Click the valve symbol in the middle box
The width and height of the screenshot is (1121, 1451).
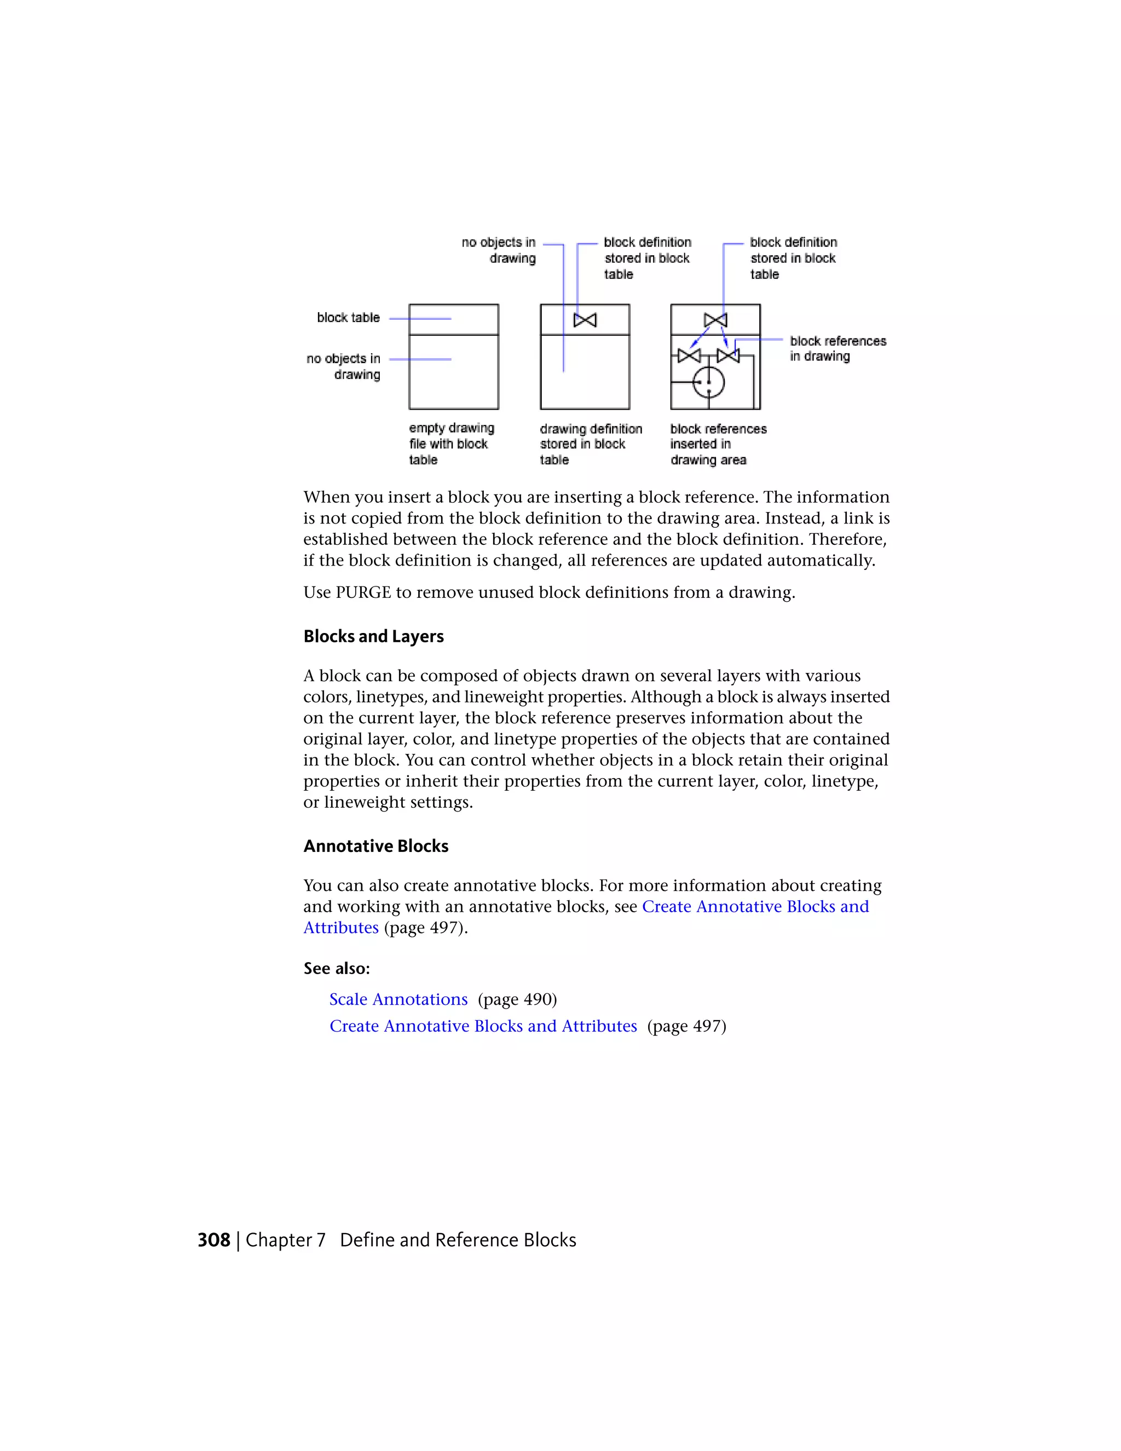pyautogui.click(x=585, y=320)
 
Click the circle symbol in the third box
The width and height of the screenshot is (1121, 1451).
pyautogui.click(x=709, y=382)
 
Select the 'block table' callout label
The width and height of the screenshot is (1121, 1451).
pyautogui.click(x=348, y=318)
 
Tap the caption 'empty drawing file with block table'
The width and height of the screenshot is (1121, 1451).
pyautogui.click(x=451, y=444)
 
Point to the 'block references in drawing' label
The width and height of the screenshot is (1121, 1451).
pyautogui.click(x=837, y=349)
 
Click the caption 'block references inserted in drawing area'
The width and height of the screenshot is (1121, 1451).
pyautogui.click(x=718, y=444)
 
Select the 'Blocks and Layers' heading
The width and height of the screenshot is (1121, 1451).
pyautogui.click(x=373, y=636)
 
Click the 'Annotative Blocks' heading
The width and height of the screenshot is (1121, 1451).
pyautogui.click(x=376, y=846)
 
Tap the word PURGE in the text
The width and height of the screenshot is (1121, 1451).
pyautogui.click(x=363, y=592)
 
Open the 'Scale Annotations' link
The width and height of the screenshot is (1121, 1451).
pyautogui.click(x=398, y=999)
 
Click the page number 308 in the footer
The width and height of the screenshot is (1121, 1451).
pyautogui.click(x=214, y=1240)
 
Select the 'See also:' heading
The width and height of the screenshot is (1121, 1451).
pyautogui.click(x=337, y=969)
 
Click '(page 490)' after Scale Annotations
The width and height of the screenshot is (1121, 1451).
pyautogui.click(x=517, y=999)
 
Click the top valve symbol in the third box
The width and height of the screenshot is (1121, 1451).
pyautogui.click(x=715, y=320)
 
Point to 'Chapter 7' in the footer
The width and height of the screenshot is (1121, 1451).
pyautogui.click(x=286, y=1240)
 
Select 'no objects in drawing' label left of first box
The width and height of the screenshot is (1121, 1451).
pyautogui.click(x=344, y=366)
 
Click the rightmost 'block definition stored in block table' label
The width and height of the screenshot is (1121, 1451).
pyautogui.click(x=793, y=258)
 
